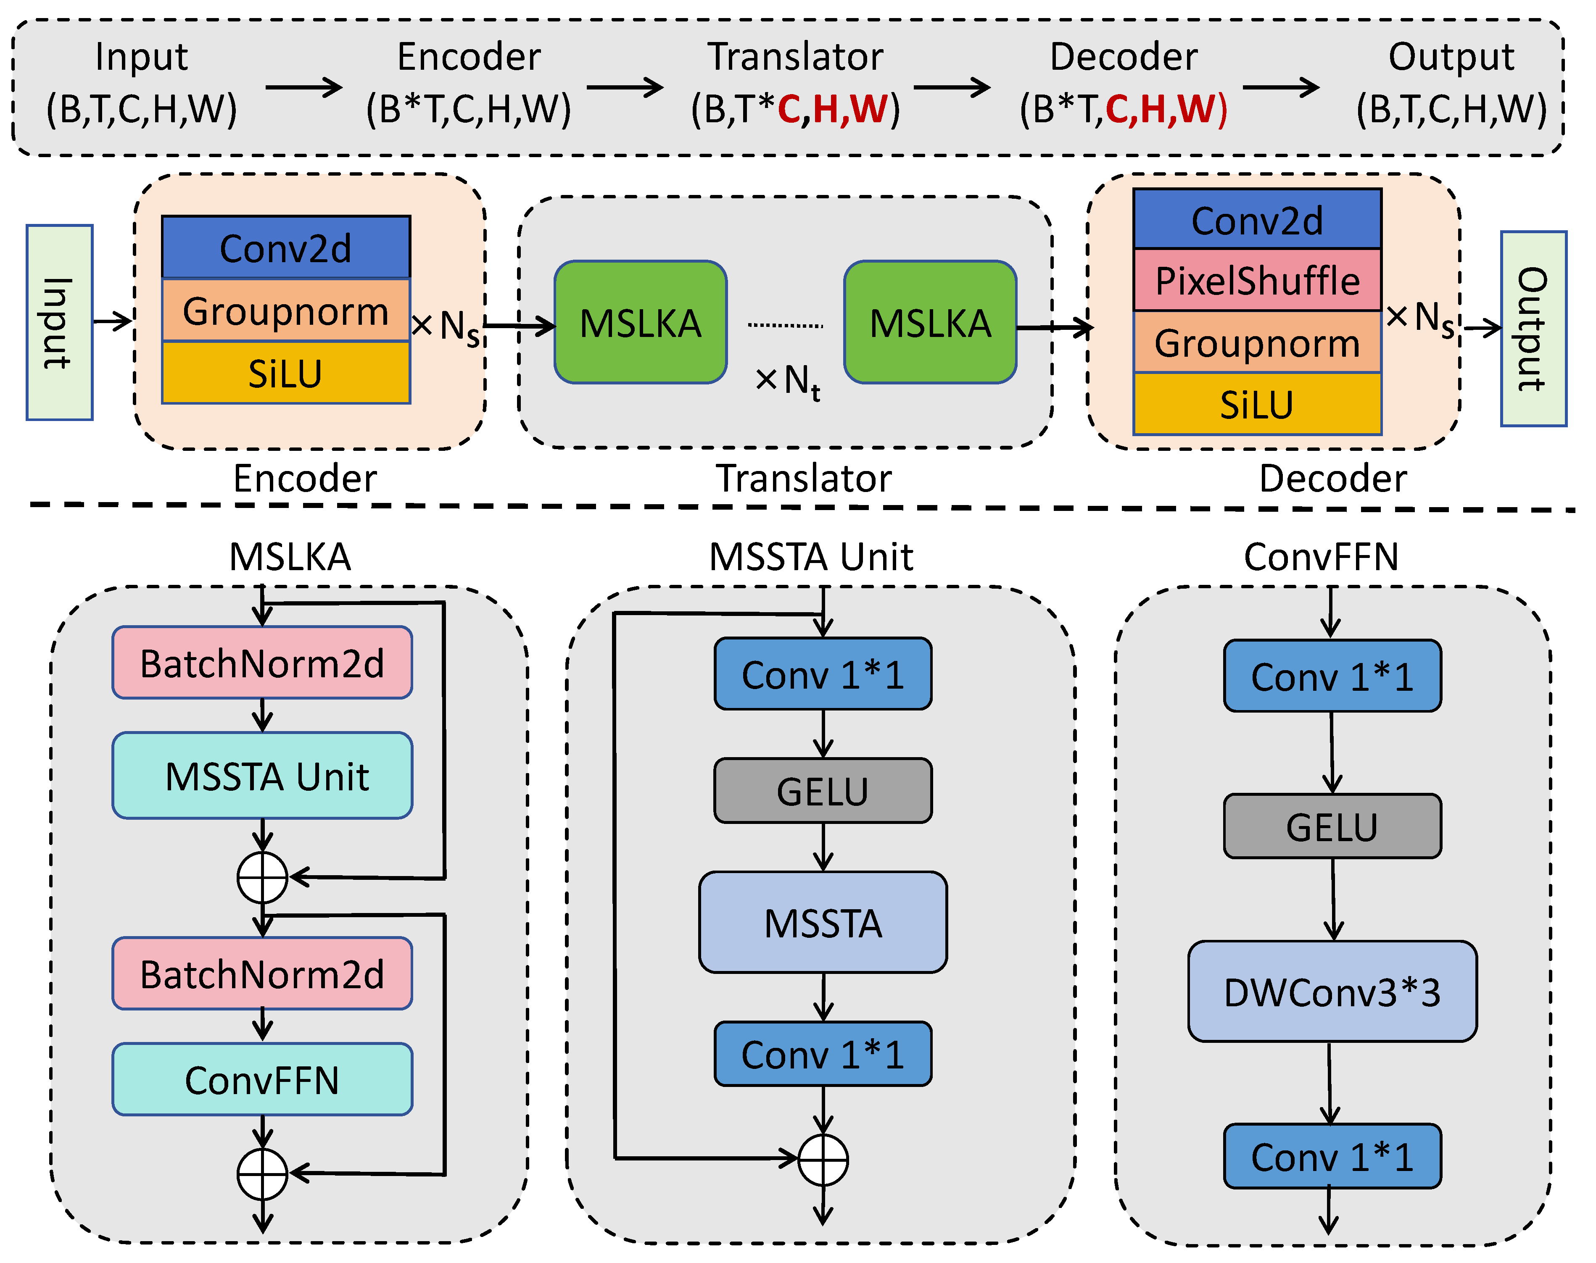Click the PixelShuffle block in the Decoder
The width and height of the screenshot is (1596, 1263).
click(1257, 281)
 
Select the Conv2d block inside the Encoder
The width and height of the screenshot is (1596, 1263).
click(285, 248)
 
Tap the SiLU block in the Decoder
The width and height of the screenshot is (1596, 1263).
click(1257, 405)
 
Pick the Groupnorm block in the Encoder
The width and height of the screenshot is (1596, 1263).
click(285, 310)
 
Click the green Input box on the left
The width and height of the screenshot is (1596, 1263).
click(59, 322)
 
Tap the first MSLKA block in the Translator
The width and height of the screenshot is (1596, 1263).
click(641, 322)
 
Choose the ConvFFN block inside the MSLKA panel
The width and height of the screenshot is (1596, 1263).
click(263, 1080)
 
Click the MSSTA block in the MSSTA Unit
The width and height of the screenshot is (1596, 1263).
click(823, 923)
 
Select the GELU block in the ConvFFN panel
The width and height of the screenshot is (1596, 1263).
click(1332, 827)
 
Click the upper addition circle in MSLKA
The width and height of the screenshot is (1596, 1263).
click(263, 878)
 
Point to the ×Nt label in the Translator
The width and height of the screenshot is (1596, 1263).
click(788, 382)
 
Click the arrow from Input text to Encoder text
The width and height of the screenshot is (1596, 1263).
click(303, 88)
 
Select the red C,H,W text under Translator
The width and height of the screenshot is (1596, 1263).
click(832, 109)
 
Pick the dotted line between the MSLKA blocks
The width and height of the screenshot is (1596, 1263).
click(786, 325)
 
